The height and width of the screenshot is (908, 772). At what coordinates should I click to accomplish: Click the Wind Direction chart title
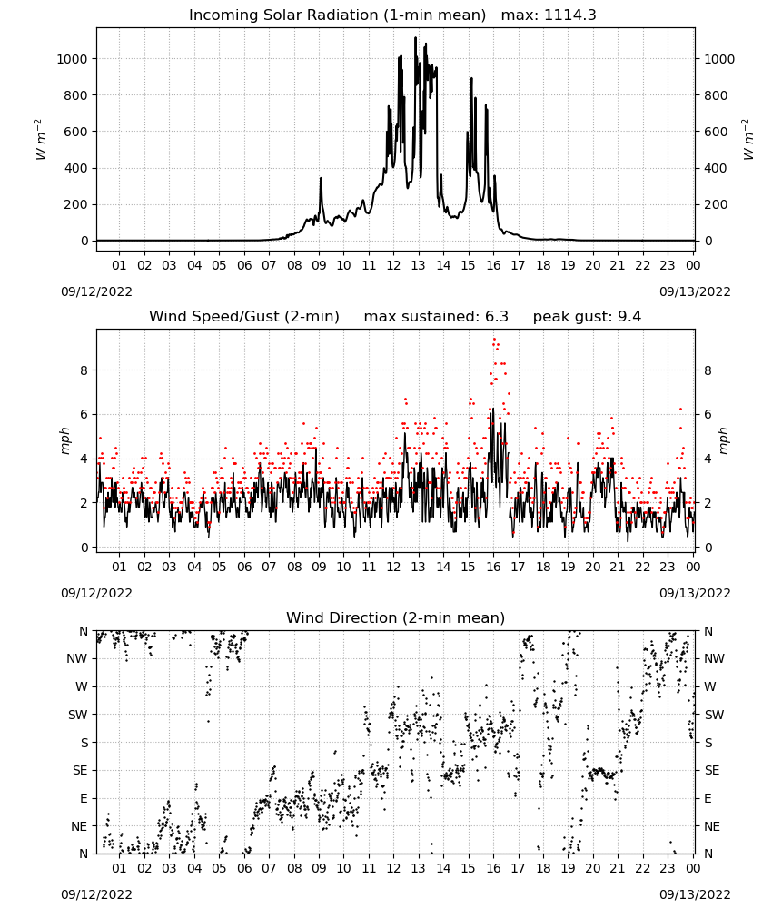[x=396, y=617]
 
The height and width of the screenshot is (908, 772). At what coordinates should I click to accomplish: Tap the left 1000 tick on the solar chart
[x=72, y=59]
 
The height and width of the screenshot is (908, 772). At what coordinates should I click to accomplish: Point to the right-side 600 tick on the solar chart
[x=716, y=132]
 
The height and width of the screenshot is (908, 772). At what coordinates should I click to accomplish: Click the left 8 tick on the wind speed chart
[x=84, y=370]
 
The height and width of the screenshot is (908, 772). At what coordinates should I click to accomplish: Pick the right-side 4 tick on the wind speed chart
[x=708, y=459]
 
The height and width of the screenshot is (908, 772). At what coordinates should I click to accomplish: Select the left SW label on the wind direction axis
[x=77, y=715]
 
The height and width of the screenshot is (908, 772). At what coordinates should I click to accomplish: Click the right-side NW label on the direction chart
[x=714, y=658]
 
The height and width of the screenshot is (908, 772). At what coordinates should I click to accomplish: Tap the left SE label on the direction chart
[x=80, y=770]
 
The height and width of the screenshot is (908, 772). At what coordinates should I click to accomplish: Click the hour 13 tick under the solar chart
[x=418, y=265]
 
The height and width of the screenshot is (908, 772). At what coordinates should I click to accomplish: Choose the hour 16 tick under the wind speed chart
[x=493, y=567]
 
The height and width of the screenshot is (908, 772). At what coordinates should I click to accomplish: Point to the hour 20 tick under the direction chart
[x=592, y=868]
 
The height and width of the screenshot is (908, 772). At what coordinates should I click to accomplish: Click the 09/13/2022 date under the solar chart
[x=695, y=291]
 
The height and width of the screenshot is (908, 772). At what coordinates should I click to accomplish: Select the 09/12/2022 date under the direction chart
[x=96, y=894]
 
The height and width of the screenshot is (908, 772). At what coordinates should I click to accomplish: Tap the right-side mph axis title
[x=724, y=440]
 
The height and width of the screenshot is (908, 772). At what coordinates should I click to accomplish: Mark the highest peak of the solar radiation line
[x=415, y=37]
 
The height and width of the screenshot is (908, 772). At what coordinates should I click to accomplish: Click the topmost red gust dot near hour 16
[x=494, y=340]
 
